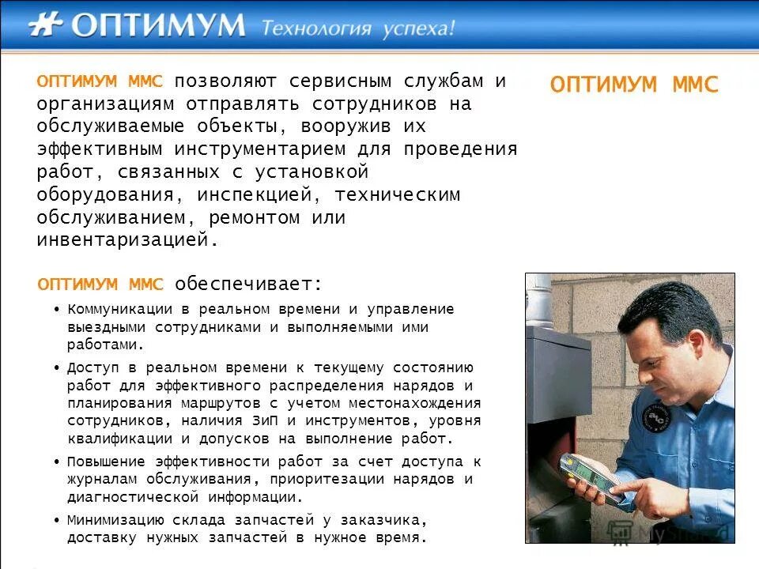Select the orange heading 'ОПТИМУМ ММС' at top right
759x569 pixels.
[x=634, y=85]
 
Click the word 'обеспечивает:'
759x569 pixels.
[x=248, y=284]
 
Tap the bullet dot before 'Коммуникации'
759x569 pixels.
[x=58, y=310]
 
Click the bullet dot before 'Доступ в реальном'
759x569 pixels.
[x=58, y=369]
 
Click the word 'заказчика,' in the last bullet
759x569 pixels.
[x=387, y=521]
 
